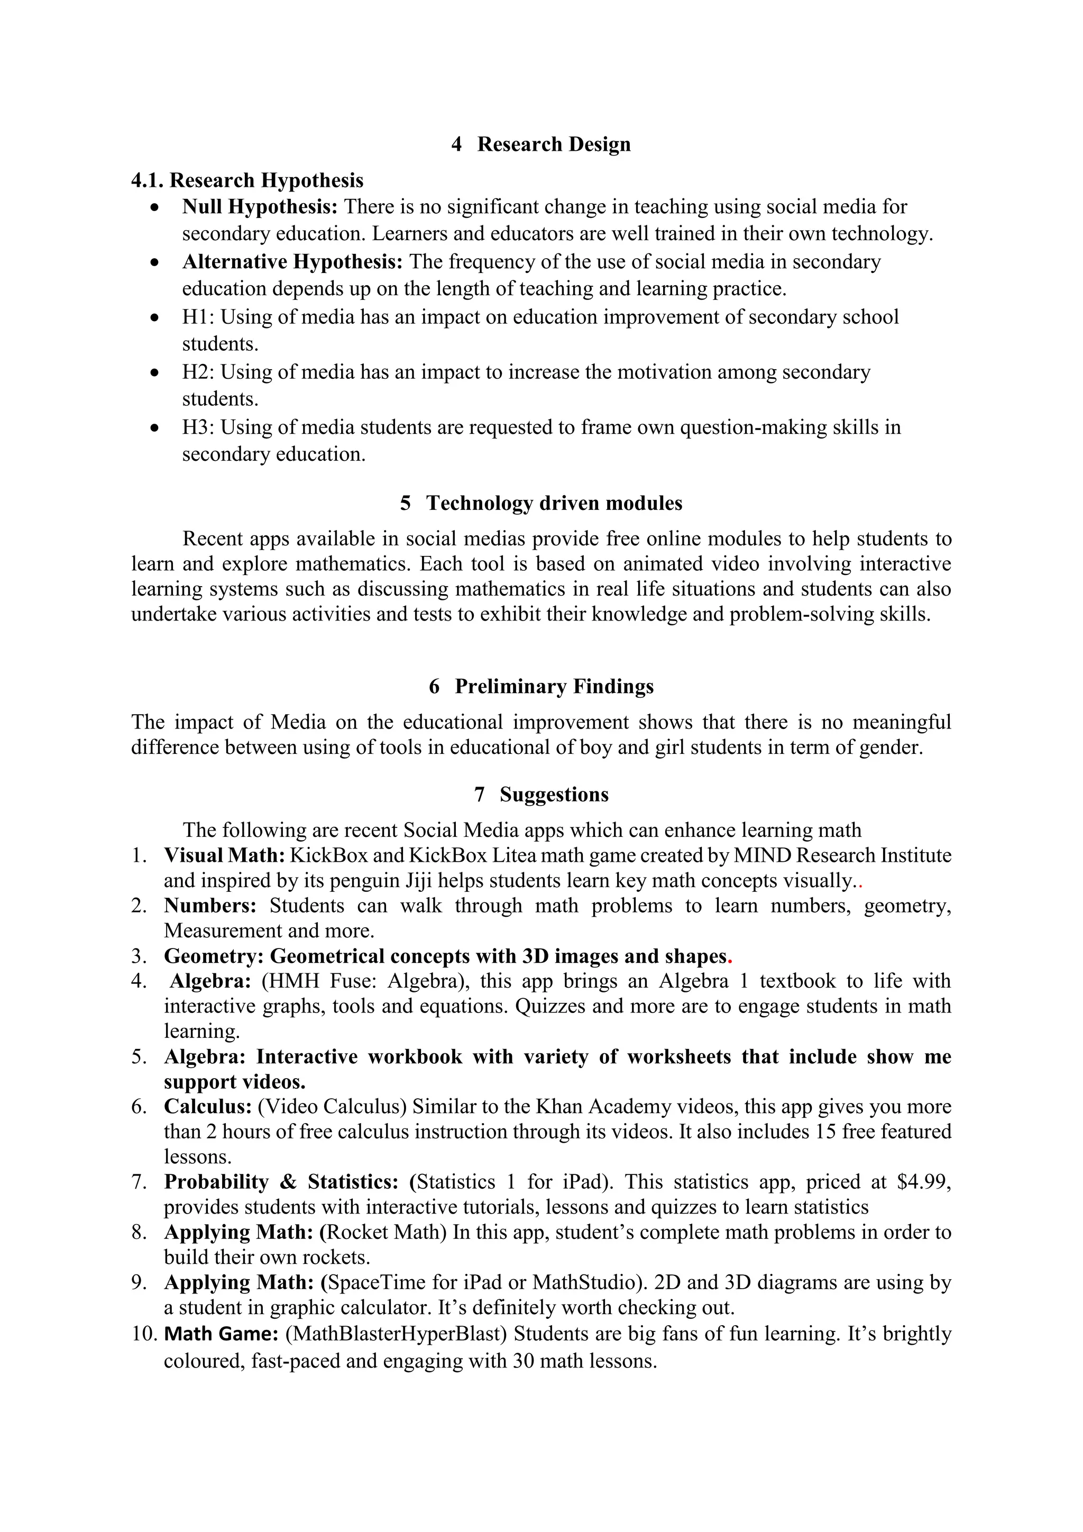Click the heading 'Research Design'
[554, 144]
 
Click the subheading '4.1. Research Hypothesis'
[247, 180]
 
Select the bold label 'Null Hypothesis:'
[260, 207]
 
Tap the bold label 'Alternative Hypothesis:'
[292, 261]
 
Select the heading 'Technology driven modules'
[554, 503]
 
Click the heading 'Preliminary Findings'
[554, 686]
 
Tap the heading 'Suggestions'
[554, 794]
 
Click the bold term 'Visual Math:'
[225, 855]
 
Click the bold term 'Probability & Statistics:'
[281, 1182]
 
